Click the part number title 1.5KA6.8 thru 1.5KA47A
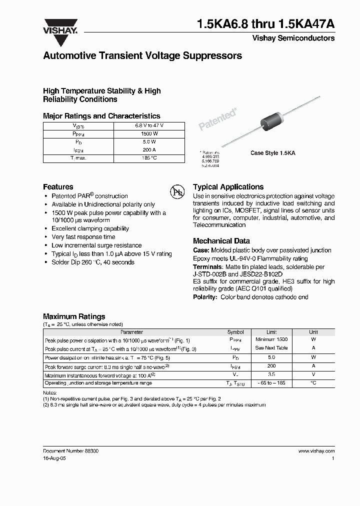pos(266,23)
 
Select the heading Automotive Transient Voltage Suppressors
pos(142,56)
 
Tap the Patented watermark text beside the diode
pos(218,120)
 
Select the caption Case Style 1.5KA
pos(272,153)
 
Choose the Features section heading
pos(58,186)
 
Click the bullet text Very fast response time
pos(83,237)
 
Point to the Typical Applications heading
pos(228,186)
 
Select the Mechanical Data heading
pos(221,240)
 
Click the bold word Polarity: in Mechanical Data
pos(205,297)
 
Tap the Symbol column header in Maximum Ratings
pos(235,332)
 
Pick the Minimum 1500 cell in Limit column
pos(271,339)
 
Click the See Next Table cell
pos(271,348)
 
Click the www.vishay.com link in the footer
pos(316,450)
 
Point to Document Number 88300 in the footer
pos(70,450)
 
